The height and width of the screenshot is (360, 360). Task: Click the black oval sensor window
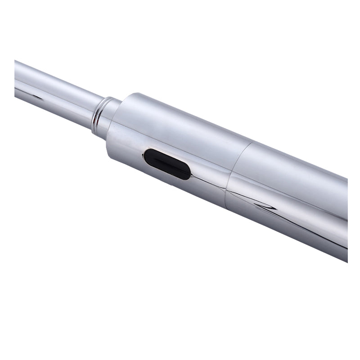[x=167, y=164]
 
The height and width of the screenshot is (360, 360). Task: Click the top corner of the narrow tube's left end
[x=15, y=60]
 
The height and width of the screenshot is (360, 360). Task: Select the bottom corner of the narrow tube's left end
[x=15, y=97]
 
